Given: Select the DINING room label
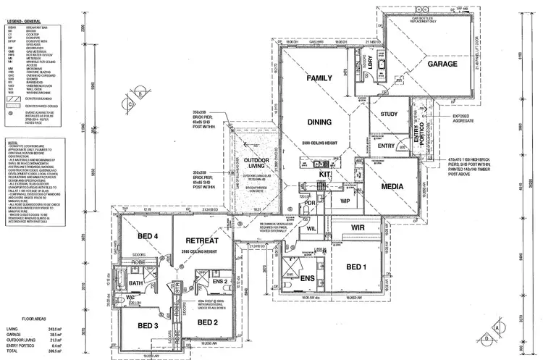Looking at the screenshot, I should point(319,123).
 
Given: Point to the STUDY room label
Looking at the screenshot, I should point(389,114).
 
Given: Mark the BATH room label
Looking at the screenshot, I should point(135,283).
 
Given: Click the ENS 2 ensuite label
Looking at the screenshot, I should point(222,281).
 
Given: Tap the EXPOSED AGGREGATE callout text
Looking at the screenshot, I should point(465,118).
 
